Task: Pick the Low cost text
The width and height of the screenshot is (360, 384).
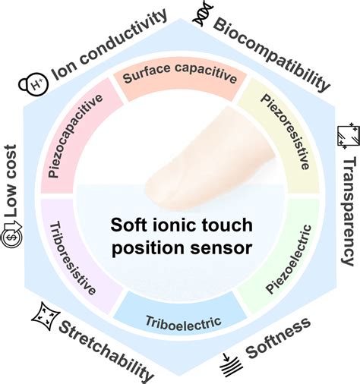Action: click(x=14, y=171)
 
